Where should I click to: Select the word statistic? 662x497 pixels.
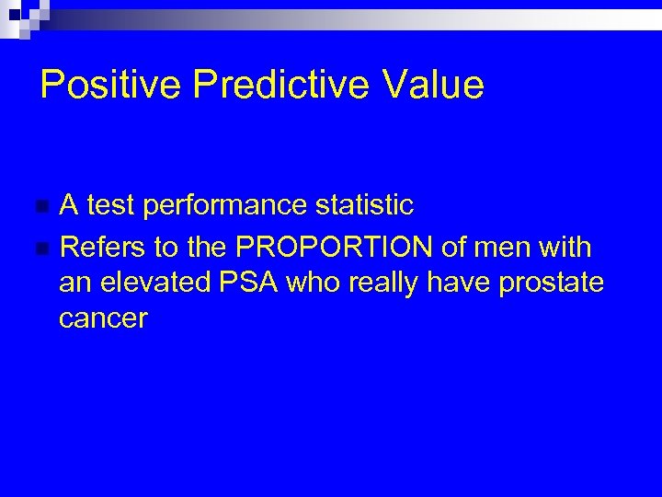click(x=365, y=205)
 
